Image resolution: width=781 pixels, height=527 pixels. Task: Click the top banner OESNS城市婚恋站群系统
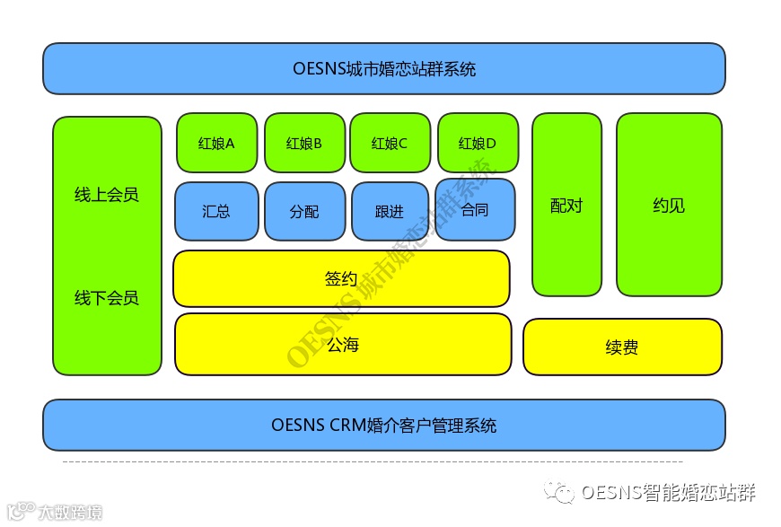383,68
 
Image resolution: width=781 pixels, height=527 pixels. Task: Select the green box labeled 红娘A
216,142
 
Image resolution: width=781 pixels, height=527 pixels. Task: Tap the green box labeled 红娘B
304,142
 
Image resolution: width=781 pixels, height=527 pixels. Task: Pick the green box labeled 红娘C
390,142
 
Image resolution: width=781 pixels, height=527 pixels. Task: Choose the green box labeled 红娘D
478,142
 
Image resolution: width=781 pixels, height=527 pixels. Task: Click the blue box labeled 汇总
216,211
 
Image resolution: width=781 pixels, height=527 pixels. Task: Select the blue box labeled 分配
304,211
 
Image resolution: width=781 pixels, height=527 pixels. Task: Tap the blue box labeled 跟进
390,211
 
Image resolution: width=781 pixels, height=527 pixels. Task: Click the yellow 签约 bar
341,278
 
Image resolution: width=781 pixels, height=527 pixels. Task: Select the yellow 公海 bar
343,344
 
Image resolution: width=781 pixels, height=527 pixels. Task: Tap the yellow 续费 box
622,347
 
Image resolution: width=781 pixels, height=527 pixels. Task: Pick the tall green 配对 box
566,205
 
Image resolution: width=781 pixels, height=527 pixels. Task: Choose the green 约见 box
669,205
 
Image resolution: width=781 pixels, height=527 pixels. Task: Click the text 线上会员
107,195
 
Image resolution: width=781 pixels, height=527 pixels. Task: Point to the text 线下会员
107,297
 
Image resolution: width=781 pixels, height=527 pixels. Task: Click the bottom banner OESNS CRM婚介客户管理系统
383,425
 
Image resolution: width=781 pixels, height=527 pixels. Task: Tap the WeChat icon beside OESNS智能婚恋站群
563,493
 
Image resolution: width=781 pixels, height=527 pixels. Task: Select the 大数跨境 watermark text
69,513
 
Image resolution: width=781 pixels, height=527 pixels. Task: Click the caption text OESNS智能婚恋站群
668,493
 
